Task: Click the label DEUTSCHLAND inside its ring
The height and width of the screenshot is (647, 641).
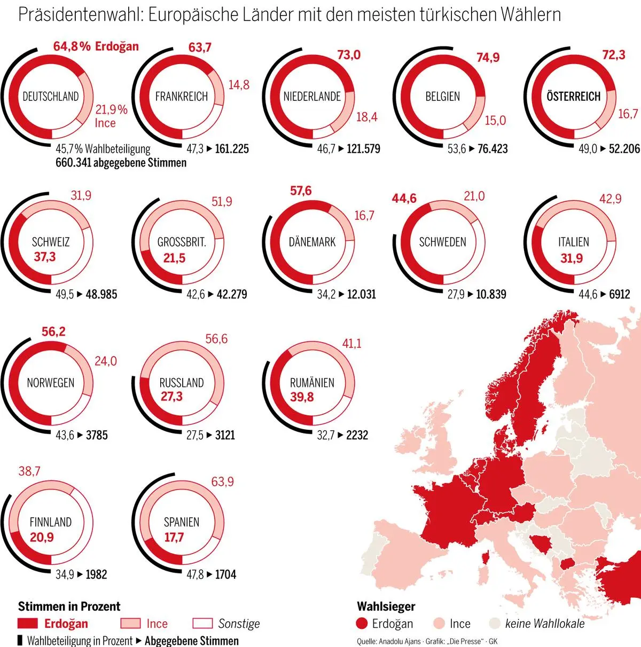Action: click(x=51, y=97)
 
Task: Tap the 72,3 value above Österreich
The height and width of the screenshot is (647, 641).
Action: click(x=613, y=55)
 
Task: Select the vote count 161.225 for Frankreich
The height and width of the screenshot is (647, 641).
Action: click(x=232, y=149)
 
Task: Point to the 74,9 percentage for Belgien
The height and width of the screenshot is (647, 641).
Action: click(x=488, y=57)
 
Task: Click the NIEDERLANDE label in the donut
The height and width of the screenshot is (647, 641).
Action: click(x=312, y=97)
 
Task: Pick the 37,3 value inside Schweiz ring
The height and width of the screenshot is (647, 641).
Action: click(x=44, y=257)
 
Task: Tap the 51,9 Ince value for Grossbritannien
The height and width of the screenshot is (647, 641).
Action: click(x=222, y=201)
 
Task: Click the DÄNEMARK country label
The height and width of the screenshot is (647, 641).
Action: click(x=312, y=242)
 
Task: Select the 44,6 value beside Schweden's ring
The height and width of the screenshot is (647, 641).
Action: click(x=404, y=199)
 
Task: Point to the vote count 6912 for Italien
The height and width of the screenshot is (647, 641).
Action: click(x=620, y=294)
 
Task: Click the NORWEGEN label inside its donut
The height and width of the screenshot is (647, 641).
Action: click(x=51, y=383)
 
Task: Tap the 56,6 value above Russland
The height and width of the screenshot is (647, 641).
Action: click(x=216, y=339)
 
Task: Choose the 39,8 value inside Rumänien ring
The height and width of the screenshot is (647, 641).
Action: click(x=302, y=397)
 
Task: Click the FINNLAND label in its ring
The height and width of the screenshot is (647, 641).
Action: click(x=51, y=522)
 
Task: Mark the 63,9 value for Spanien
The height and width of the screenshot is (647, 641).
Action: click(x=222, y=482)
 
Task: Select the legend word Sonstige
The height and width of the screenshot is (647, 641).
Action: click(x=239, y=624)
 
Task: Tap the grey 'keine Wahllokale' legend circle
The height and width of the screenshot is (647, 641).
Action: click(x=495, y=624)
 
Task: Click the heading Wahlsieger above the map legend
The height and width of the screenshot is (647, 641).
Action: click(x=386, y=606)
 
